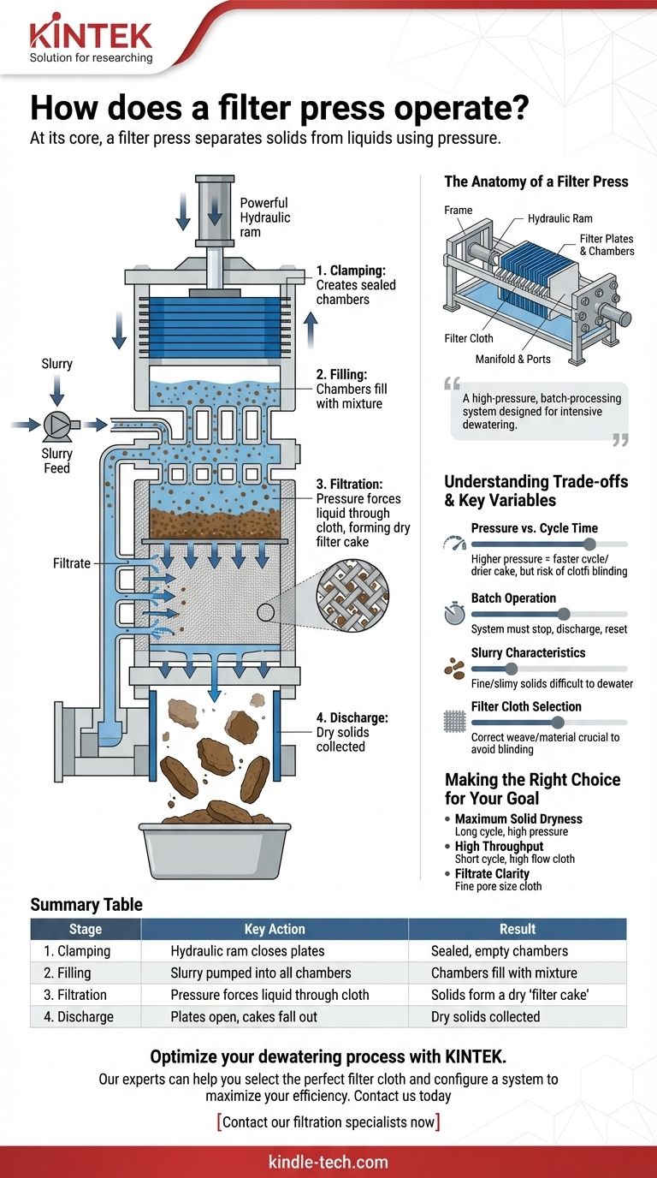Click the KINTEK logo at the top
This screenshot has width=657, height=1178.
point(90,36)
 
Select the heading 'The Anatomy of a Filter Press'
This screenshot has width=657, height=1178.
point(536,181)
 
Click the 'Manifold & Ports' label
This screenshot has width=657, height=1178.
point(513,359)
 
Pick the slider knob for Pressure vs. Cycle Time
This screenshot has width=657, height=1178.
point(589,544)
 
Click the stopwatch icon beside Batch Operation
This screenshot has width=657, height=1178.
point(454,614)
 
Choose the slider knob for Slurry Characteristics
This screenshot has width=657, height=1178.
point(511,669)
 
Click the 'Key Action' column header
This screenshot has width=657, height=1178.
point(274,929)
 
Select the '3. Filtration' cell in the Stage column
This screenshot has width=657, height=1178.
point(75,995)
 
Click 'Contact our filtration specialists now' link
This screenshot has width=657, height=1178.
point(328,1121)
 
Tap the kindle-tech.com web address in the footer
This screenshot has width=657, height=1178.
point(328,1162)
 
